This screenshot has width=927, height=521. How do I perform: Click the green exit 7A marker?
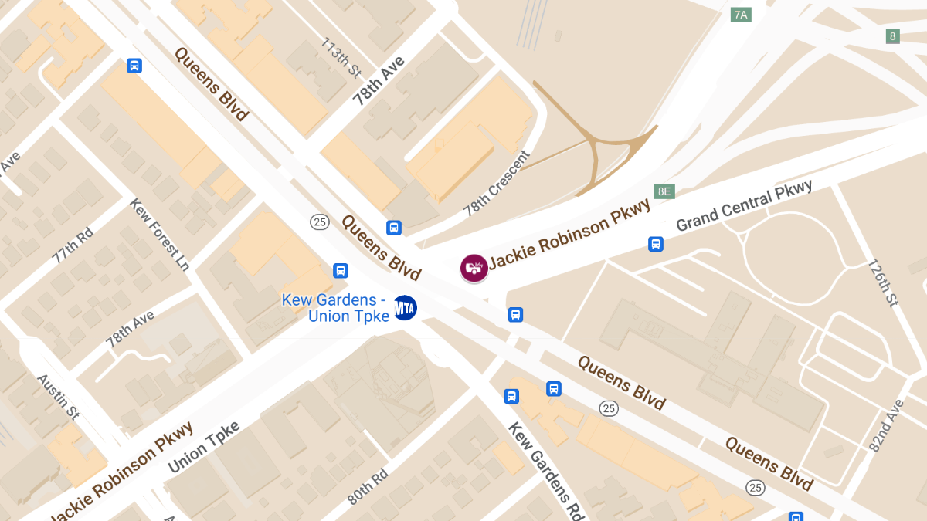pos(741,15)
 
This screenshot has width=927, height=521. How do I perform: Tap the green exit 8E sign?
pos(664,191)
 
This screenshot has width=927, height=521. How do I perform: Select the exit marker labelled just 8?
pos(893,36)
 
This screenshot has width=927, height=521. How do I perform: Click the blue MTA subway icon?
pos(406,307)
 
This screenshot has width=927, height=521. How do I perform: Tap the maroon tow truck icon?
pos(474,268)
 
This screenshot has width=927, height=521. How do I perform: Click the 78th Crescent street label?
pos(497,184)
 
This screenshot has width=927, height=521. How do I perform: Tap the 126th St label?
pos(882,282)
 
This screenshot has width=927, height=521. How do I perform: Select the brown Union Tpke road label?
pos(204,447)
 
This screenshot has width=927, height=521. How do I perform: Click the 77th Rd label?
pos(73,246)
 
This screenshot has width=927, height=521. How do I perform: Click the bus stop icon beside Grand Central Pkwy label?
pos(656,245)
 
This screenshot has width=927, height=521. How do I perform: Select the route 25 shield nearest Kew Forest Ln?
pos(320,222)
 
